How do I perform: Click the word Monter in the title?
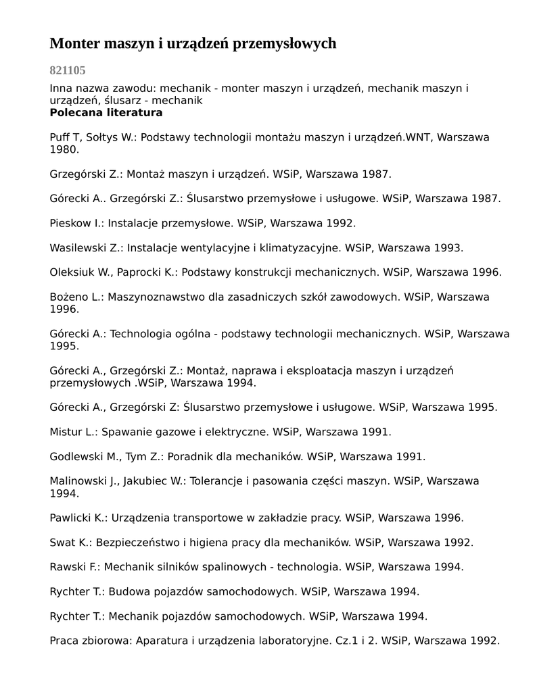[74, 44]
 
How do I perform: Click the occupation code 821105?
[68, 70]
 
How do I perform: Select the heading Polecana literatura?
[106, 113]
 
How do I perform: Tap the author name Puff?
[60, 137]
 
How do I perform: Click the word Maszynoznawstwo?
[152, 297]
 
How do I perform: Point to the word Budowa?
[129, 592]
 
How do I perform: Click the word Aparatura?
[163, 641]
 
